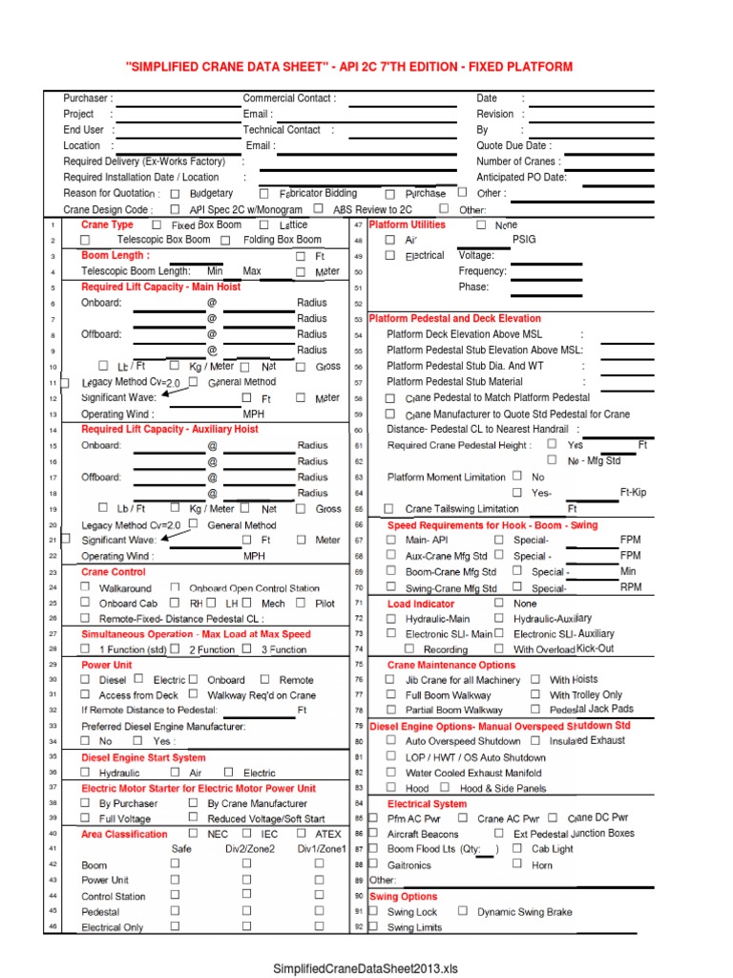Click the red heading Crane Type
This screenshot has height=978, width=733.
point(107,224)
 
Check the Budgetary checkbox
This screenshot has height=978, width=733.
point(175,193)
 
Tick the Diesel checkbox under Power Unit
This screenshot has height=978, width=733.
point(86,679)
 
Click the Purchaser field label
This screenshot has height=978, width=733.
point(86,98)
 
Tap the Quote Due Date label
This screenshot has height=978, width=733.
point(513,146)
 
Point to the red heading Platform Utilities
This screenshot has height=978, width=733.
point(407,224)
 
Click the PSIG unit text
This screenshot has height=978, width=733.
point(525,240)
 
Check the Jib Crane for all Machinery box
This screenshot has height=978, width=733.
point(390,679)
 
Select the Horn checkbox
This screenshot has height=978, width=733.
point(516,863)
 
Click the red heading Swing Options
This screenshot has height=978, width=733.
point(403,896)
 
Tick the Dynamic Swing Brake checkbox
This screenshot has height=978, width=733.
point(463,911)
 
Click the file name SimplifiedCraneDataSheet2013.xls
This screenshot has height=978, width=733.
point(366,968)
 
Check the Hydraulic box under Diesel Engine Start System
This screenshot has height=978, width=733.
point(86,772)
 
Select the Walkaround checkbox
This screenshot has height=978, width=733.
point(86,587)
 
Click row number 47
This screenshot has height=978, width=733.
point(359,224)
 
